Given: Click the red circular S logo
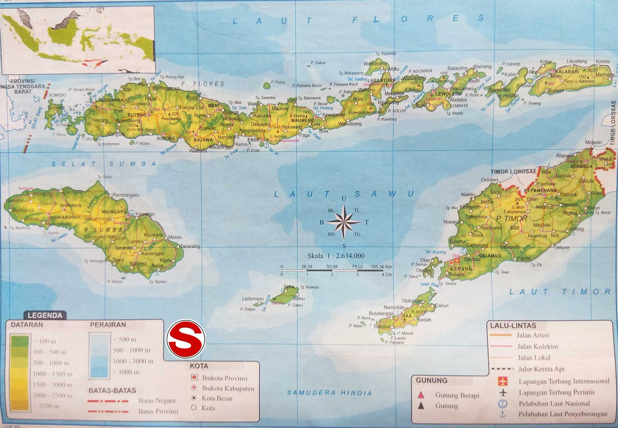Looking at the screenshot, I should tap(186, 339).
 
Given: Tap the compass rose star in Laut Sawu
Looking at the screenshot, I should tap(344, 222).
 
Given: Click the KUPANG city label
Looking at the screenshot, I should tap(461, 269).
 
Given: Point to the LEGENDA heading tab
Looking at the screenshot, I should tap(45, 315).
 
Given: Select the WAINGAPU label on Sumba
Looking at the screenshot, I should tap(114, 212).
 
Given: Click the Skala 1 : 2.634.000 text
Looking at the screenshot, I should tap(336, 256).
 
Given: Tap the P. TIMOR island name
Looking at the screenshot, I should tap(511, 219).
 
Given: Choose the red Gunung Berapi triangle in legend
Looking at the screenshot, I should tap(421, 395).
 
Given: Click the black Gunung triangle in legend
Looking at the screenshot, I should tap(421, 406).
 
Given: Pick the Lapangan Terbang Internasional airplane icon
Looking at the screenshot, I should tap(503, 381).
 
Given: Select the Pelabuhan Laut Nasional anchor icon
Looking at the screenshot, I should tap(503, 404).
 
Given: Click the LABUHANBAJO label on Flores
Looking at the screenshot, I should tap(112, 100).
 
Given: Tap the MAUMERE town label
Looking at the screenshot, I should tap(303, 120).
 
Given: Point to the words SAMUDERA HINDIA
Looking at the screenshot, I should tap(329, 393).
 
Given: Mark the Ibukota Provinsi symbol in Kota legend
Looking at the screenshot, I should tap(194, 377).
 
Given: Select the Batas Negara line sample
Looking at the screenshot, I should tap(108, 401).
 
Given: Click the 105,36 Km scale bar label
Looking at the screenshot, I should tap(381, 266).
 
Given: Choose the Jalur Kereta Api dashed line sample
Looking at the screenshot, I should tap(502, 369).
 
